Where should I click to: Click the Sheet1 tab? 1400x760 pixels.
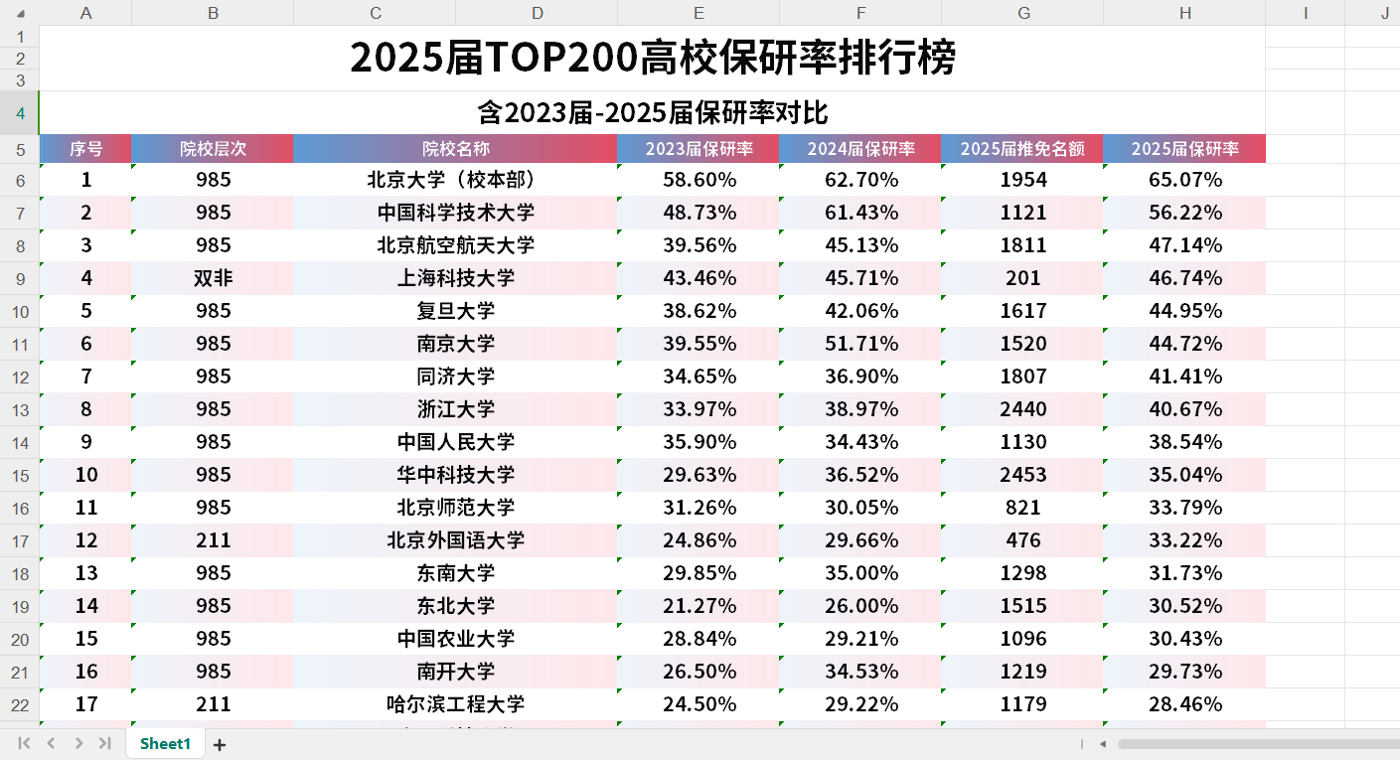(x=164, y=743)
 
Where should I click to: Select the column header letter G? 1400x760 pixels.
(x=1022, y=13)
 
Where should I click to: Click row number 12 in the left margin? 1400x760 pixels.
(x=20, y=377)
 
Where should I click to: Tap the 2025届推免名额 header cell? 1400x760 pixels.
(x=1022, y=149)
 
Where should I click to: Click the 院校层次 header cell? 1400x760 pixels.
(x=213, y=149)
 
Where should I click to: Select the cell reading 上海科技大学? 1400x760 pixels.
(x=455, y=278)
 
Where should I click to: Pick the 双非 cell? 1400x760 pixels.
(x=213, y=278)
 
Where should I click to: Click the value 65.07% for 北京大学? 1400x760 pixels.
(x=1184, y=180)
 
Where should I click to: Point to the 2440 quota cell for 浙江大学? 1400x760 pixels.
(x=1022, y=409)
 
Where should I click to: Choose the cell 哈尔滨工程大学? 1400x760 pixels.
(x=455, y=704)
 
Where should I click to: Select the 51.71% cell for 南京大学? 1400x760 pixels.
(x=860, y=344)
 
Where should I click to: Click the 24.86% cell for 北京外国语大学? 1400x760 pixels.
(x=699, y=540)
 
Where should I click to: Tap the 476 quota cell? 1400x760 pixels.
(x=1022, y=540)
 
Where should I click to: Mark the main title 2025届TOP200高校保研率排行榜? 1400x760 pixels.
(x=652, y=58)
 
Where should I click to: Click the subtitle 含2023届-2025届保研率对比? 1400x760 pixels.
(x=652, y=112)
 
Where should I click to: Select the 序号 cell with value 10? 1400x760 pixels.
(x=86, y=475)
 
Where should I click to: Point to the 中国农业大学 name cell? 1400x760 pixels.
(x=455, y=639)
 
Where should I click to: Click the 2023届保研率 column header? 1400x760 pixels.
(x=699, y=149)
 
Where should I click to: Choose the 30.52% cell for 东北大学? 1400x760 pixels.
(x=1184, y=606)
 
